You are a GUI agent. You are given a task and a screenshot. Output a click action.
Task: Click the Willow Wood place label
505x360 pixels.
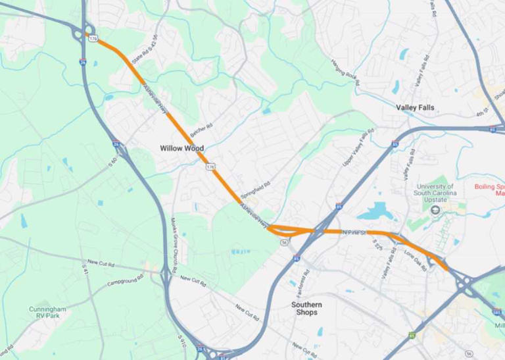(182, 148)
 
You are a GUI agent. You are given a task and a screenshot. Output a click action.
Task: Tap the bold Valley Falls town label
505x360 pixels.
(415, 107)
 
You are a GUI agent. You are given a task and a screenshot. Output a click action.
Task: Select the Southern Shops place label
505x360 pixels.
(307, 308)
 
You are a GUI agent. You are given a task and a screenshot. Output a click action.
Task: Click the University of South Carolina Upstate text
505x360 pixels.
(435, 190)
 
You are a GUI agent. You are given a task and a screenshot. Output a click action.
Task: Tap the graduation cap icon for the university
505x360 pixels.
(435, 209)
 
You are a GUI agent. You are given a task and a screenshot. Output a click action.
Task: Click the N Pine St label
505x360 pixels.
(353, 232)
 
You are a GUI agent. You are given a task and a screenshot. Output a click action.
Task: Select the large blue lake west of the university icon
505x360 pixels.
(376, 211)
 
